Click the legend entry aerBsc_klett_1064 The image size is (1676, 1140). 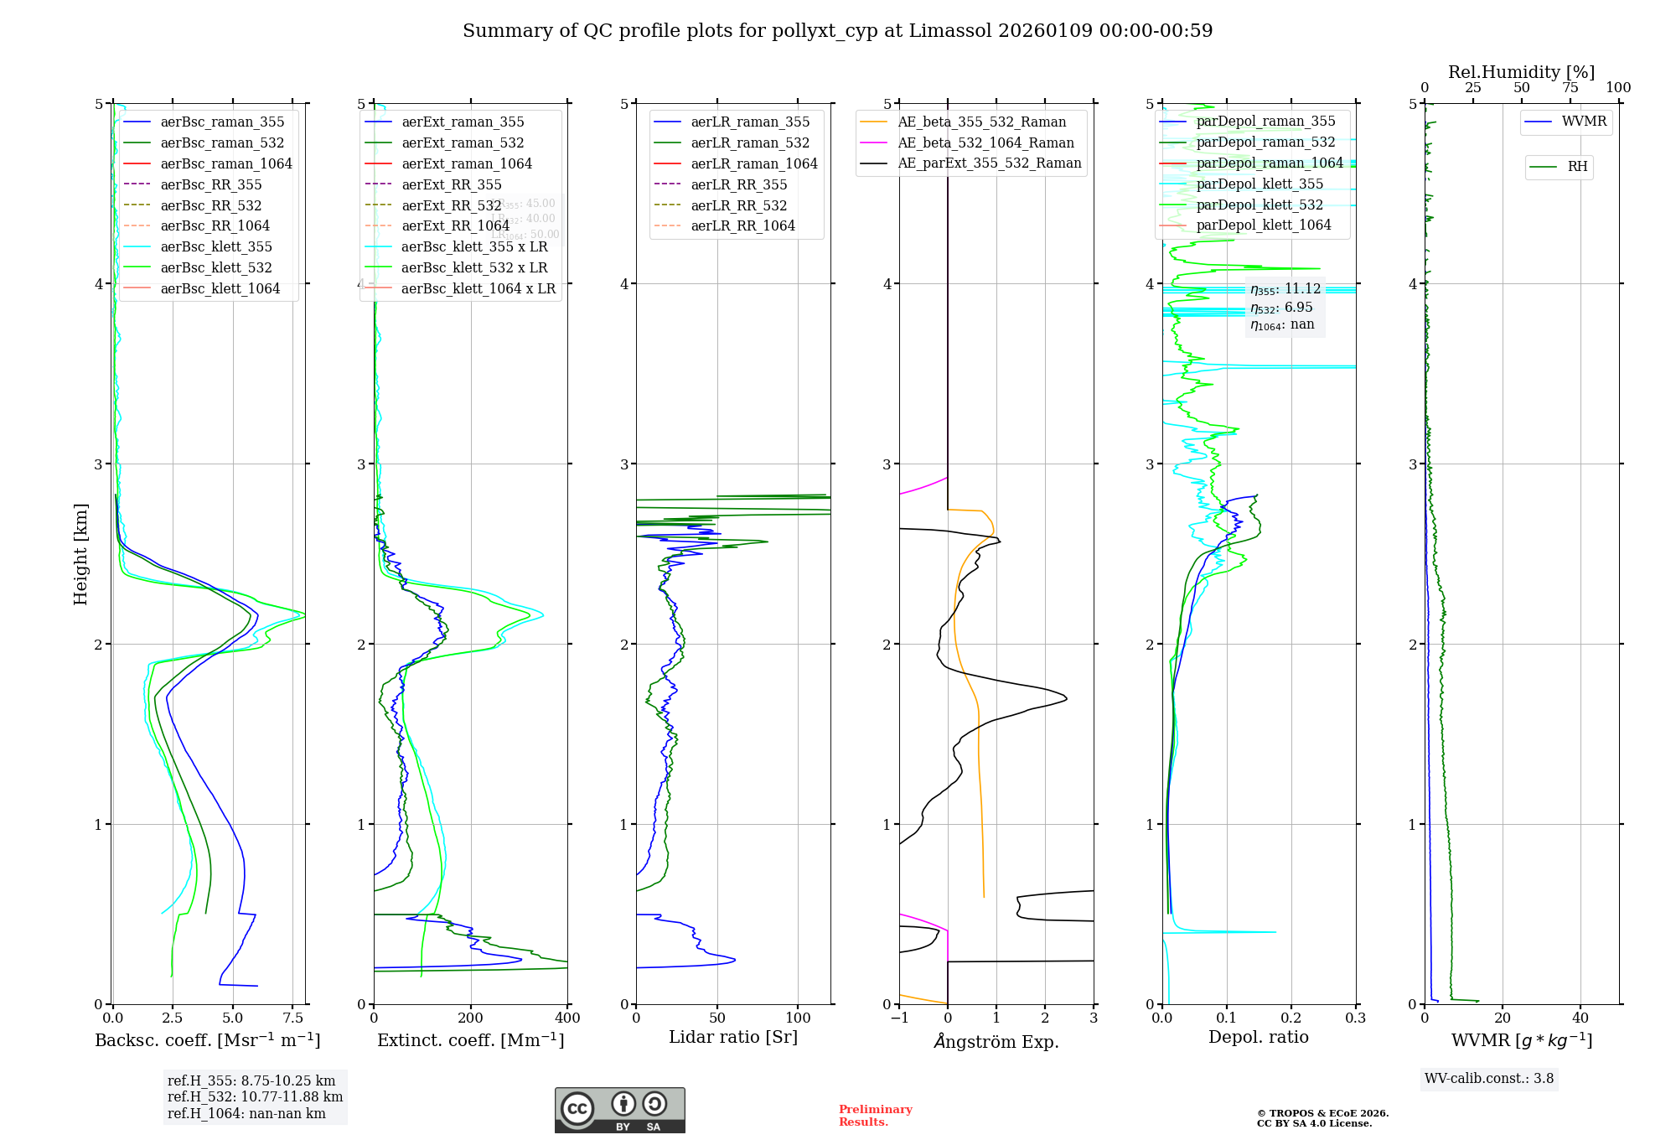220,288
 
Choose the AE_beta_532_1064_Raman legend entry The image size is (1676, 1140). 985,142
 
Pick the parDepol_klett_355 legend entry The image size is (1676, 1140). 1260,184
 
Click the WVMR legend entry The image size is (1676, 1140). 1584,122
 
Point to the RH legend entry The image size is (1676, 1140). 1577,167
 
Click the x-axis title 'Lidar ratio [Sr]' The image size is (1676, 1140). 733,1037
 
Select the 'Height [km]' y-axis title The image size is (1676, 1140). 80,554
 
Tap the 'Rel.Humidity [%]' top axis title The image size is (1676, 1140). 1521,72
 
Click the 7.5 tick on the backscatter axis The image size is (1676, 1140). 292,1018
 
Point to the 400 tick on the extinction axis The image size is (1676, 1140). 567,1018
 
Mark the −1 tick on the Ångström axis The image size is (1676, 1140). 899,1018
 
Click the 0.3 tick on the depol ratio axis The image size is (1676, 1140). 1355,1018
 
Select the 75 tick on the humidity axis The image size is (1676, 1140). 1570,88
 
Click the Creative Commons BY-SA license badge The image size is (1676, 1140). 619,1110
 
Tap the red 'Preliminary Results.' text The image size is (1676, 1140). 875,1116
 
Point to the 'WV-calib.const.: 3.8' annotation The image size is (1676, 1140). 1489,1079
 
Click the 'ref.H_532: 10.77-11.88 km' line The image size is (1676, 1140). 255,1096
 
